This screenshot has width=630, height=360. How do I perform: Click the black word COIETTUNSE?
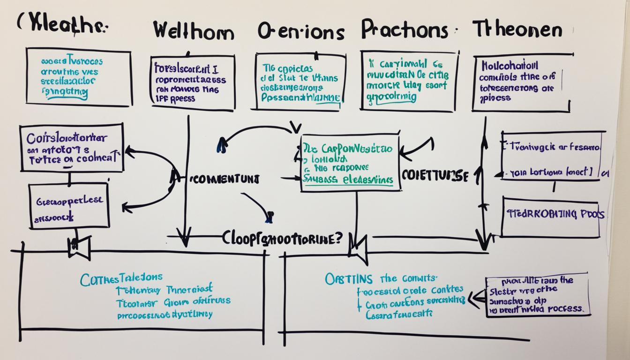[x=435, y=176]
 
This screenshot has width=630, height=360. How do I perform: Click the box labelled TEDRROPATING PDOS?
[x=550, y=216]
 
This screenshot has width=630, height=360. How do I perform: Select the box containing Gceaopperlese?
[x=69, y=206]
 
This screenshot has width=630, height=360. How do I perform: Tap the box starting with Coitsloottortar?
[x=72, y=148]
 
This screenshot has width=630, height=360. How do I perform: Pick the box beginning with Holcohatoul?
[x=521, y=83]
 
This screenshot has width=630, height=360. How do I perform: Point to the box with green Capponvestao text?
[x=350, y=163]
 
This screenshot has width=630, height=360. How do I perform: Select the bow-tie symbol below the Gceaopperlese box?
[x=79, y=247]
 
